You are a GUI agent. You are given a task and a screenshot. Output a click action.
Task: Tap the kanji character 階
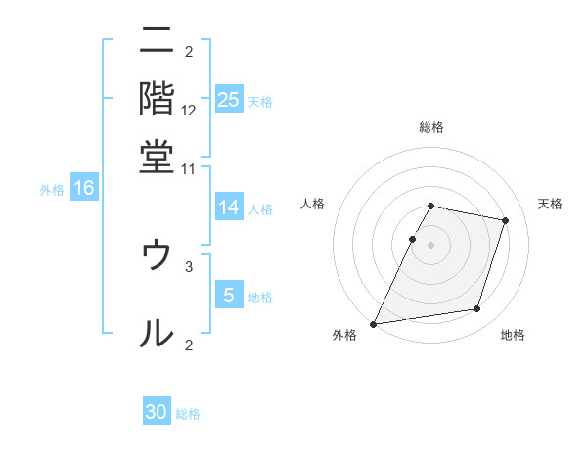[157, 98]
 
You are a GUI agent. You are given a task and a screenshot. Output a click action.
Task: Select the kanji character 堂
[157, 156]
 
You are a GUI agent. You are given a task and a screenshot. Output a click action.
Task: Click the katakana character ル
[157, 333]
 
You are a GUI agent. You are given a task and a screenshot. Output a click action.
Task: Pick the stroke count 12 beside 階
[189, 111]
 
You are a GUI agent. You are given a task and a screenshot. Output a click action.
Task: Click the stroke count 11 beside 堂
[189, 168]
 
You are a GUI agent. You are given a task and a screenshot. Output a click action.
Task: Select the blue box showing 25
[228, 99]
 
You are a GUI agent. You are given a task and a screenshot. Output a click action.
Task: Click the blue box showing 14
[228, 207]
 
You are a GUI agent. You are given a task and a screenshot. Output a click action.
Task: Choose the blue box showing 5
[228, 295]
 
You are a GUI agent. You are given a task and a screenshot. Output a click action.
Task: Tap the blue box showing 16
[84, 188]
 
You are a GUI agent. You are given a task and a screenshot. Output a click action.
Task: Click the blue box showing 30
[157, 412]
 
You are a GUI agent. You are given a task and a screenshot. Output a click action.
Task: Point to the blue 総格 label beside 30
[188, 414]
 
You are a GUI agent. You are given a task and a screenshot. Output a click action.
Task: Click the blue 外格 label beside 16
[51, 190]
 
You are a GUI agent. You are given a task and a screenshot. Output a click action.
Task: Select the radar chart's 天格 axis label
[550, 204]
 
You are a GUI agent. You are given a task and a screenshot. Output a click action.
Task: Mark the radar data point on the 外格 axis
[374, 323]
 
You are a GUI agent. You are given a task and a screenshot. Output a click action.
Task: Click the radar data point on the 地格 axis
[477, 309]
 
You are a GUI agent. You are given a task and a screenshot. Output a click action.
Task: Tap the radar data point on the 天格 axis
[506, 220]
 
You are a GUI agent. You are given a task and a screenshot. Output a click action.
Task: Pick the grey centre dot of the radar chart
[431, 245]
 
